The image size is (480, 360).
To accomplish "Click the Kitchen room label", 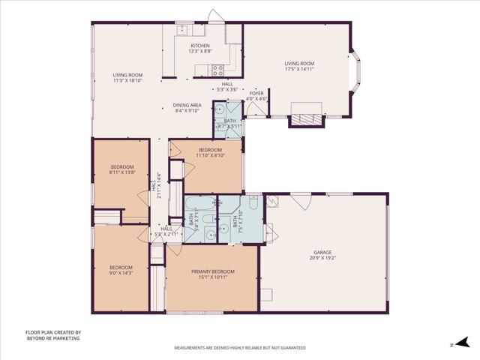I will point(189,46).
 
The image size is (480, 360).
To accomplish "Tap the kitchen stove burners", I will point(217,70).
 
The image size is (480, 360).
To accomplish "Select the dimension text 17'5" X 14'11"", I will point(298,69).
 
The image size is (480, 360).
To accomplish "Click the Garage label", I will point(322,252).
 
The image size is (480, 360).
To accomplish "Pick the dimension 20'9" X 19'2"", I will point(322,258).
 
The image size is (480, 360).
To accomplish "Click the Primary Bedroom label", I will point(213,271).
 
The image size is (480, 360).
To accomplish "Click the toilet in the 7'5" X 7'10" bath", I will point(253,204).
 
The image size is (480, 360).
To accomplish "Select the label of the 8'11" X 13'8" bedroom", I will point(122,166).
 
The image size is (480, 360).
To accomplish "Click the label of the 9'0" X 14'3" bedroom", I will point(121,268).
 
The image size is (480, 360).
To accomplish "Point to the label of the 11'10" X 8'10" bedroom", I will point(210,150).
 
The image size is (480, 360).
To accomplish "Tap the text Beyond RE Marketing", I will point(52,338).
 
